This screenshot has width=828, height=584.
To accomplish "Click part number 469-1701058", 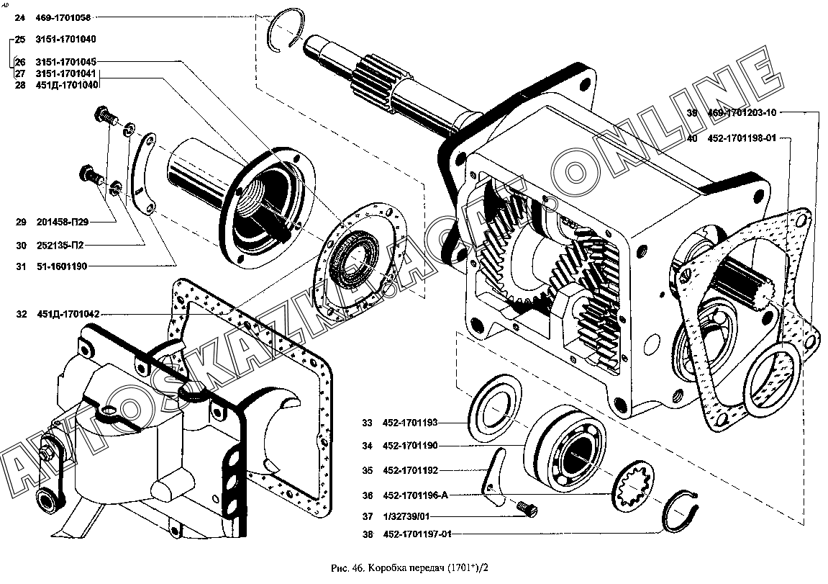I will tap(64, 17).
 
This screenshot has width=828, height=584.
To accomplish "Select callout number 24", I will tap(19, 17).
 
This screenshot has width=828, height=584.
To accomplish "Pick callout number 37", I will tap(368, 516).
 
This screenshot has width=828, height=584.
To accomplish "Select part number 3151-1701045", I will tap(65, 62).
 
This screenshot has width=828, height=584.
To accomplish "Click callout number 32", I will tap(21, 314).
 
